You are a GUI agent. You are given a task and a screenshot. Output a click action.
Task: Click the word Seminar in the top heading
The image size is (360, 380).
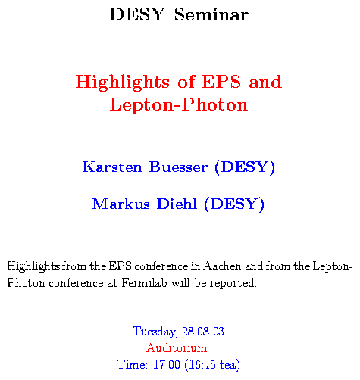pyautogui.click(x=211, y=14)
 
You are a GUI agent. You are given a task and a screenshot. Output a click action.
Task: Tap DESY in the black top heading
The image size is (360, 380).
pyautogui.click(x=137, y=14)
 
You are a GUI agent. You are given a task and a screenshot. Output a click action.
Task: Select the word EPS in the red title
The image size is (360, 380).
pyautogui.click(x=221, y=82)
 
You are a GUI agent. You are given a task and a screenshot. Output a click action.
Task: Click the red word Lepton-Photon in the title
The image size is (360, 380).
pyautogui.click(x=179, y=104)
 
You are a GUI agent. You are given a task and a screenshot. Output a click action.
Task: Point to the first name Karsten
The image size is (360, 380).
pyautogui.click(x=112, y=167)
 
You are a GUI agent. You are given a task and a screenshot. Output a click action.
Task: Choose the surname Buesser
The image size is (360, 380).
pyautogui.click(x=178, y=167)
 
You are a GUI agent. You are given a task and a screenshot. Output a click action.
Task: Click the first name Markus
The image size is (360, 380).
pyautogui.click(x=121, y=204)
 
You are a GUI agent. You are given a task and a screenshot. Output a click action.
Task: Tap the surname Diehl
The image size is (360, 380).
pyautogui.click(x=177, y=204)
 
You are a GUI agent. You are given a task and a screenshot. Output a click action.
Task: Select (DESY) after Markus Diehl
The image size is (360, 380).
pyautogui.click(x=234, y=204)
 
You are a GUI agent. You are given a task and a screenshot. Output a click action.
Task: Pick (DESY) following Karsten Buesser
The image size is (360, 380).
pyautogui.click(x=245, y=167)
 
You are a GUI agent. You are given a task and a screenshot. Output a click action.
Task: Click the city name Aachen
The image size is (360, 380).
pyautogui.click(x=222, y=266)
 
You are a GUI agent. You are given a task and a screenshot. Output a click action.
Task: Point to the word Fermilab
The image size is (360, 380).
pyautogui.click(x=144, y=282)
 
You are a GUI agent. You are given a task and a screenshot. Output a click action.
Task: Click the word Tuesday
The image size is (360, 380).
pyautogui.click(x=154, y=332)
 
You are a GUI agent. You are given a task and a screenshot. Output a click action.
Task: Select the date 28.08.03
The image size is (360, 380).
pyautogui.click(x=203, y=332)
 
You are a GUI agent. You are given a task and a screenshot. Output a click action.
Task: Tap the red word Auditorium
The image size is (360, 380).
pyautogui.click(x=177, y=347)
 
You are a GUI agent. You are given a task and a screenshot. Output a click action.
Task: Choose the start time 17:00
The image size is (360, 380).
pyautogui.click(x=167, y=365)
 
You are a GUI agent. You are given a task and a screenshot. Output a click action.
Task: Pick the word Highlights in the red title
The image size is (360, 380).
pyautogui.click(x=123, y=82)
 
